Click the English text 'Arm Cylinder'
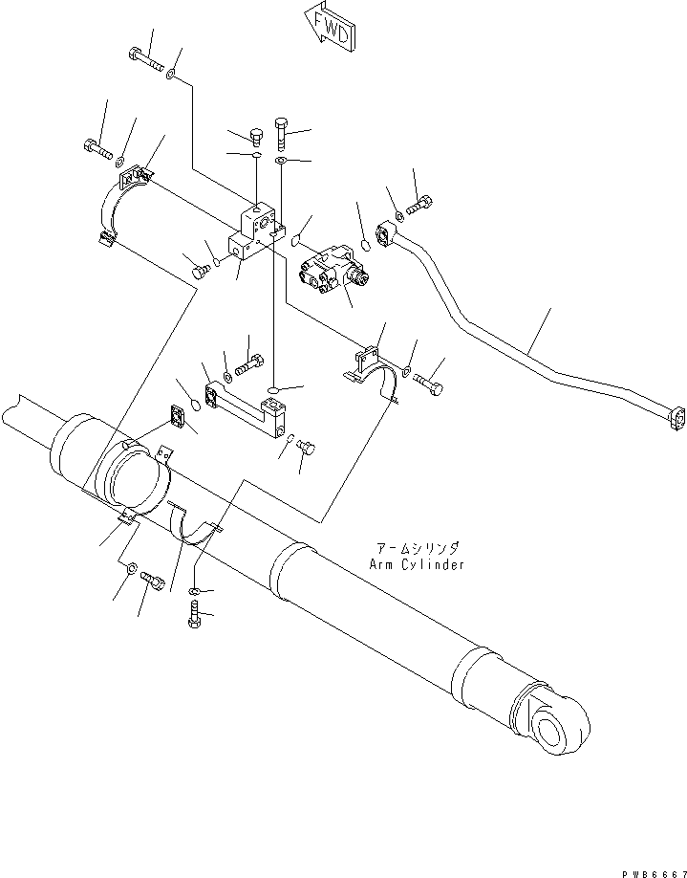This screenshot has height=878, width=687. pyautogui.click(x=417, y=564)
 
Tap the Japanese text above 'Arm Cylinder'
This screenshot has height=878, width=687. pyautogui.click(x=419, y=548)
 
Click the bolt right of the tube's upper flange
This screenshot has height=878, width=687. pyautogui.click(x=420, y=204)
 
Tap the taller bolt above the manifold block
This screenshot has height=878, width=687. pyautogui.click(x=282, y=130)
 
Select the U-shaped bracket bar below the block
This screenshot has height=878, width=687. pyautogui.click(x=250, y=406)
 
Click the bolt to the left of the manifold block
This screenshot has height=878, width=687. pyautogui.click(x=202, y=272)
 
